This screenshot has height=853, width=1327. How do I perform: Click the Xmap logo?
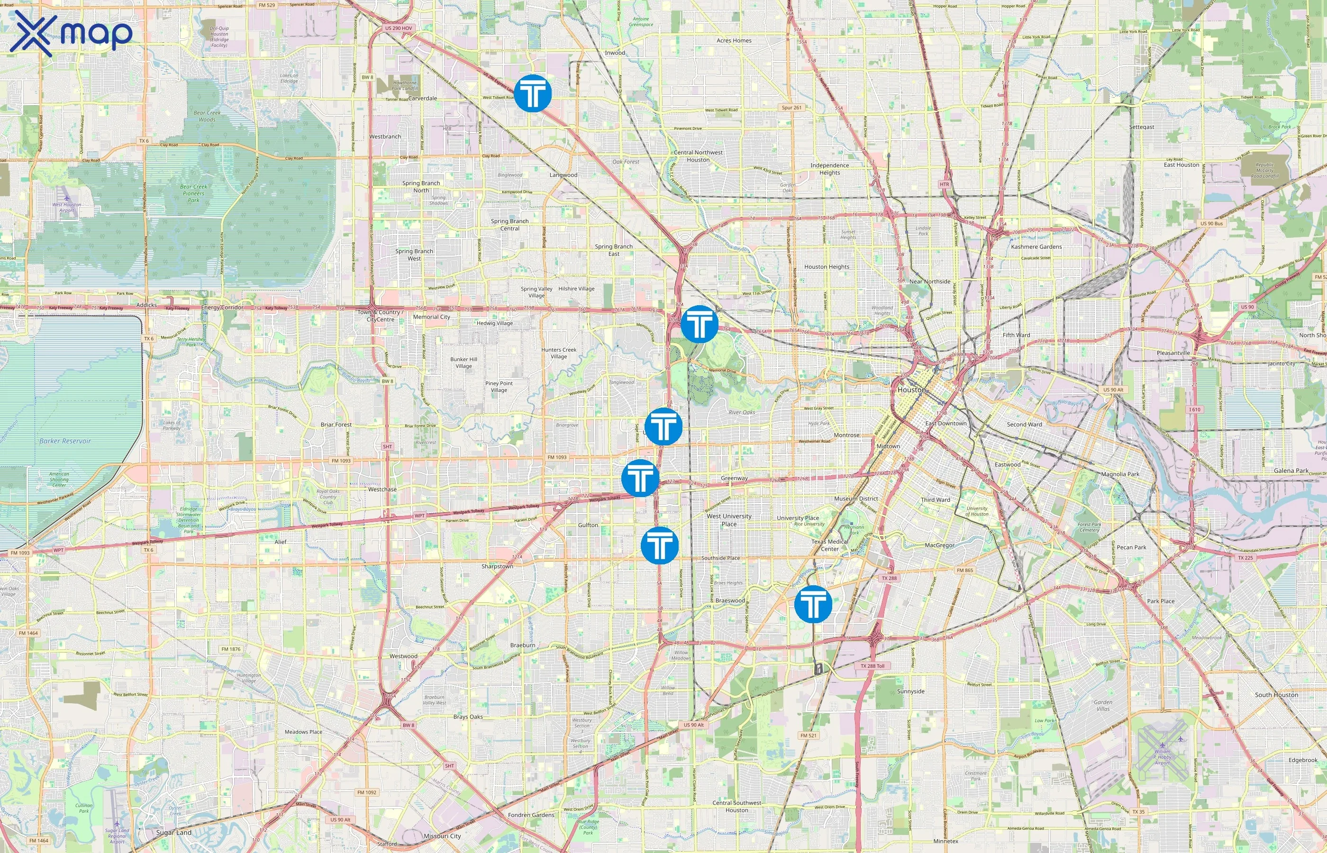71,34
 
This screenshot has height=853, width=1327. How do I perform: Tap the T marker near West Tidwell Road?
533,93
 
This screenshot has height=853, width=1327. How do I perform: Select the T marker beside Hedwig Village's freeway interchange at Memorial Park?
699,324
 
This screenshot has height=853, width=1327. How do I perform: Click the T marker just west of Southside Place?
659,545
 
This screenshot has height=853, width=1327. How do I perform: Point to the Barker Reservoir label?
65,441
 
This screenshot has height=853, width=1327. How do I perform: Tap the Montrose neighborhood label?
846,436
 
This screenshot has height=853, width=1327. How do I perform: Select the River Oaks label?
742,412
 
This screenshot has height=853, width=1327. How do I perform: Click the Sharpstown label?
497,567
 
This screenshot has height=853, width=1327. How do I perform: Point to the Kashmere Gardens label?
1036,247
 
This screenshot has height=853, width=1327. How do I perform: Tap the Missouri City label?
442,836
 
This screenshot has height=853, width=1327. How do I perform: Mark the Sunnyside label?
910,691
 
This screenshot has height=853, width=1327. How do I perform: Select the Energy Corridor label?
222,308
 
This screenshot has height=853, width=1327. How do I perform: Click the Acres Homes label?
734,40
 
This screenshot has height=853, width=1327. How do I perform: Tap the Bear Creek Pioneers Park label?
193,193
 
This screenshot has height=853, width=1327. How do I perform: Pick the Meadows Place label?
303,732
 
